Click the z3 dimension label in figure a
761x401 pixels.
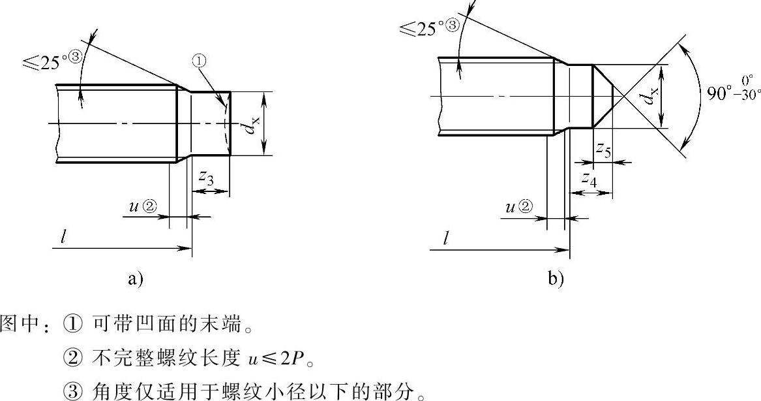tap(206, 177)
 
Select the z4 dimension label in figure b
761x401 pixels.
tap(589, 178)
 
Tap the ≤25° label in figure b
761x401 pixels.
tap(423, 29)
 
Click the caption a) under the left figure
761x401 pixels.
tap(135, 280)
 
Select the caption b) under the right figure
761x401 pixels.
tap(556, 280)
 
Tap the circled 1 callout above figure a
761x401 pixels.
tap(200, 61)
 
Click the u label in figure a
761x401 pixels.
tap(134, 207)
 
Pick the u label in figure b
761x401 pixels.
tap(511, 207)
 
